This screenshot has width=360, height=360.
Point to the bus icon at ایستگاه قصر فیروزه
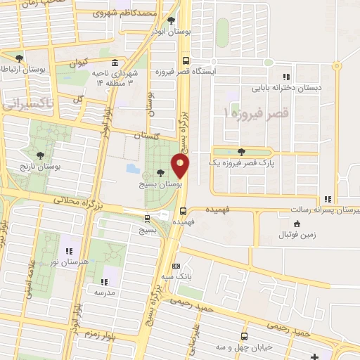point(185,60)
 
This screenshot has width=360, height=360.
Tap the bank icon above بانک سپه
point(175,266)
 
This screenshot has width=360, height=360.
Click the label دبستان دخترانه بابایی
point(287,88)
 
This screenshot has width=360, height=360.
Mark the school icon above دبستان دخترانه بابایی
point(285,77)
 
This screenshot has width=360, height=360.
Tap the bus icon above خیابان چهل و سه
point(244,336)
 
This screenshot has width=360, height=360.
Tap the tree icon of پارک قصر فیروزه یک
point(242,152)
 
